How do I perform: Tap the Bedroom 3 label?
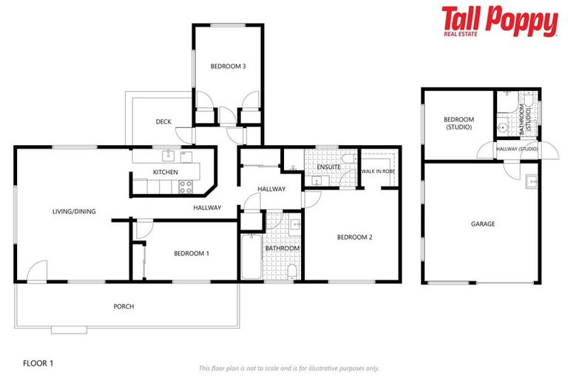[228, 67]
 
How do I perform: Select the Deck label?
[163, 122]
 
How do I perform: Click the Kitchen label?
[166, 172]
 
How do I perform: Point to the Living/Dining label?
[74, 212]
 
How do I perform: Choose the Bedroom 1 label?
[192, 254]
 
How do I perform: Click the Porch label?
[124, 306]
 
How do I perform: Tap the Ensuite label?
[328, 167]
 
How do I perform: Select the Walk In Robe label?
[378, 171]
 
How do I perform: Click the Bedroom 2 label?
[354, 238]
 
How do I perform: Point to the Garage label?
[483, 224]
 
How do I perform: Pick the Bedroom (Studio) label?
[459, 124]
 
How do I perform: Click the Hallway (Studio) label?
[517, 150]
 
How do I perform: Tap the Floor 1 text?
[38, 363]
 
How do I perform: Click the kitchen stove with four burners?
[186, 187]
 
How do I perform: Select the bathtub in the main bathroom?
[251, 256]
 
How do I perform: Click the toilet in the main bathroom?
[294, 272]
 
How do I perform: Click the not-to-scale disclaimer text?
[288, 368]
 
